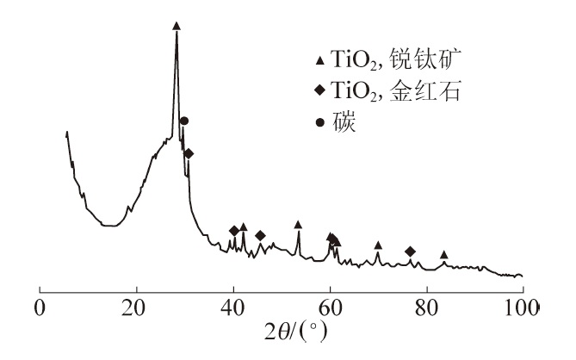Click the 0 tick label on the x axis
[x=39, y=307]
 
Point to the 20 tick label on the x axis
[x=135, y=307]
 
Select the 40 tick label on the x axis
[x=232, y=307]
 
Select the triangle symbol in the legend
[x=320, y=60]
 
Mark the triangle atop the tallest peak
[x=177, y=26]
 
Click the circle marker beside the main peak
[x=183, y=121]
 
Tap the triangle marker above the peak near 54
[x=298, y=225]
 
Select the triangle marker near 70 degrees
[x=378, y=245]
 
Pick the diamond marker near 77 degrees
[x=410, y=251]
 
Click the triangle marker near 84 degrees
[x=444, y=255]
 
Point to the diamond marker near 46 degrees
[x=260, y=235]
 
